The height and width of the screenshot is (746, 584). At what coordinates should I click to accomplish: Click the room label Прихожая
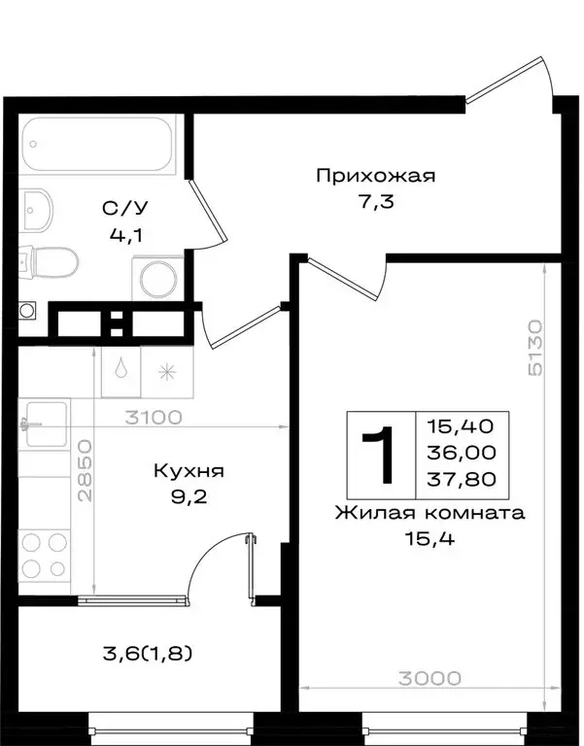pos(374,176)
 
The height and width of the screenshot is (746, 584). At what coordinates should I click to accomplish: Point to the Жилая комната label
pos(429,513)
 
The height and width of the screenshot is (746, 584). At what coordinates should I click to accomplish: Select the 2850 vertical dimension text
pos(86,471)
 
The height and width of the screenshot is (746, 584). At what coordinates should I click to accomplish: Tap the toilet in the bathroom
pos(53,261)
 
